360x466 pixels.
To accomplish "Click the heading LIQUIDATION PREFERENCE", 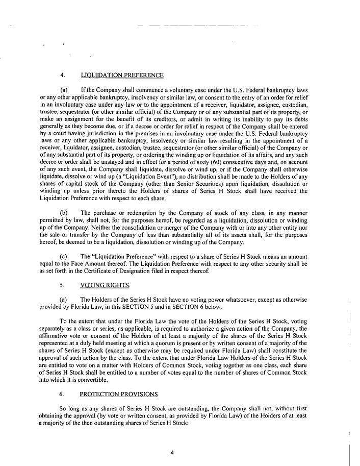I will click(x=122, y=76).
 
